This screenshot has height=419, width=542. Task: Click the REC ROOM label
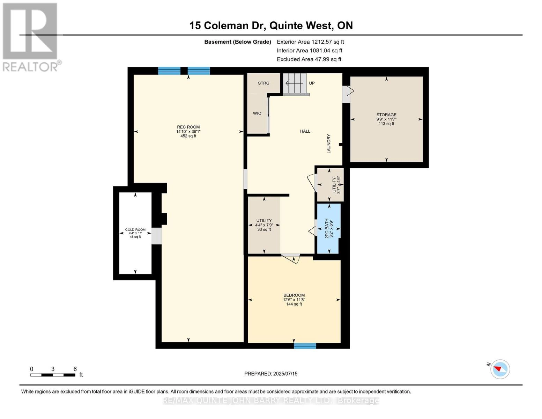point(188,127)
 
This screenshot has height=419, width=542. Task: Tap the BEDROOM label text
point(294,295)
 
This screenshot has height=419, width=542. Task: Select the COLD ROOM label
point(135,230)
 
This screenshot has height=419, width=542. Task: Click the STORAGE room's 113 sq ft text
point(386,124)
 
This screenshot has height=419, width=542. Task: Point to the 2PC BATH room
point(328,228)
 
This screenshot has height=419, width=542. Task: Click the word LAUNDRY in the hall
point(328,144)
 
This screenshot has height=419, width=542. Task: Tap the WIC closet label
point(257,113)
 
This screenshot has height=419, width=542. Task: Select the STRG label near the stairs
point(263,83)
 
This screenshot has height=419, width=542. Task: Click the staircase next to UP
point(295,84)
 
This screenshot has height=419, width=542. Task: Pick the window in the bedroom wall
point(305,346)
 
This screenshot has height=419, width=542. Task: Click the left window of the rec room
point(169,71)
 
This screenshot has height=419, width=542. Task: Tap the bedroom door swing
point(292,259)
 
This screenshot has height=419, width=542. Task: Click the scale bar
point(53,375)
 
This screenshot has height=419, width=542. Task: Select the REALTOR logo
point(31,37)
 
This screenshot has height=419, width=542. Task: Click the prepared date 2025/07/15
point(271,374)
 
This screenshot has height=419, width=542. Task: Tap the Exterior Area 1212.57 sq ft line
point(310,42)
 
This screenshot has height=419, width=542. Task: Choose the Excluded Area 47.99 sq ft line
point(309,59)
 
